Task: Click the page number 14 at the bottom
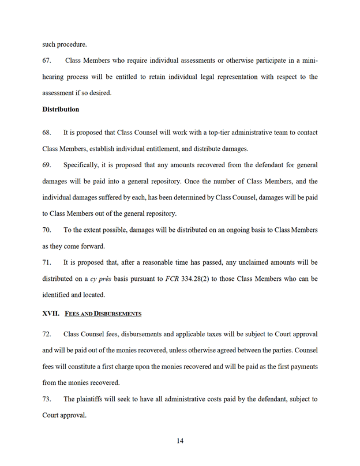click(180, 441)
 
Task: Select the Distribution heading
click(61, 109)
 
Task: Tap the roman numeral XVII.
click(50, 314)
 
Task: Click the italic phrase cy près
click(101, 279)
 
